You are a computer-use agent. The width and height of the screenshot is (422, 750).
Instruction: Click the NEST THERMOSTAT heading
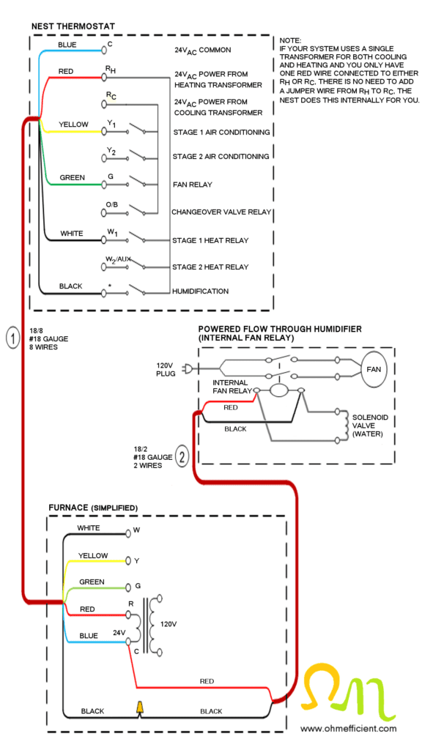click(73, 26)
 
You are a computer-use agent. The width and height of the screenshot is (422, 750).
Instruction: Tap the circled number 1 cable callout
click(12, 338)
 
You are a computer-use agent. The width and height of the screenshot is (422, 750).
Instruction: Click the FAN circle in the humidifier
click(374, 369)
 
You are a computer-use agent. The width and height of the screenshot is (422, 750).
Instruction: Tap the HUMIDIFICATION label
click(201, 291)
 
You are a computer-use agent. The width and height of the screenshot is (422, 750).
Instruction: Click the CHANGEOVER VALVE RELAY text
click(222, 212)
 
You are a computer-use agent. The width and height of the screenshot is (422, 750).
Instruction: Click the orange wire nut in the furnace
click(140, 708)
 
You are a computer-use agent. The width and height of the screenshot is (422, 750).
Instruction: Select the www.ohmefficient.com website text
click(349, 728)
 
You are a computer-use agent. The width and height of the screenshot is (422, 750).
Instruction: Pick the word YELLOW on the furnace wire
click(93, 555)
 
